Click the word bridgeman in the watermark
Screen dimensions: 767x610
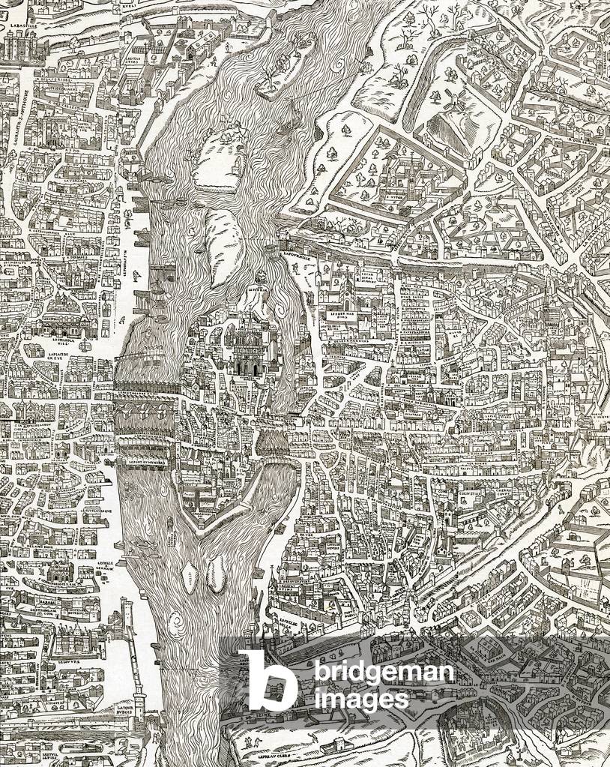pos(383,673)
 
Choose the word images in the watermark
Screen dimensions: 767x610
pos(361,700)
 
